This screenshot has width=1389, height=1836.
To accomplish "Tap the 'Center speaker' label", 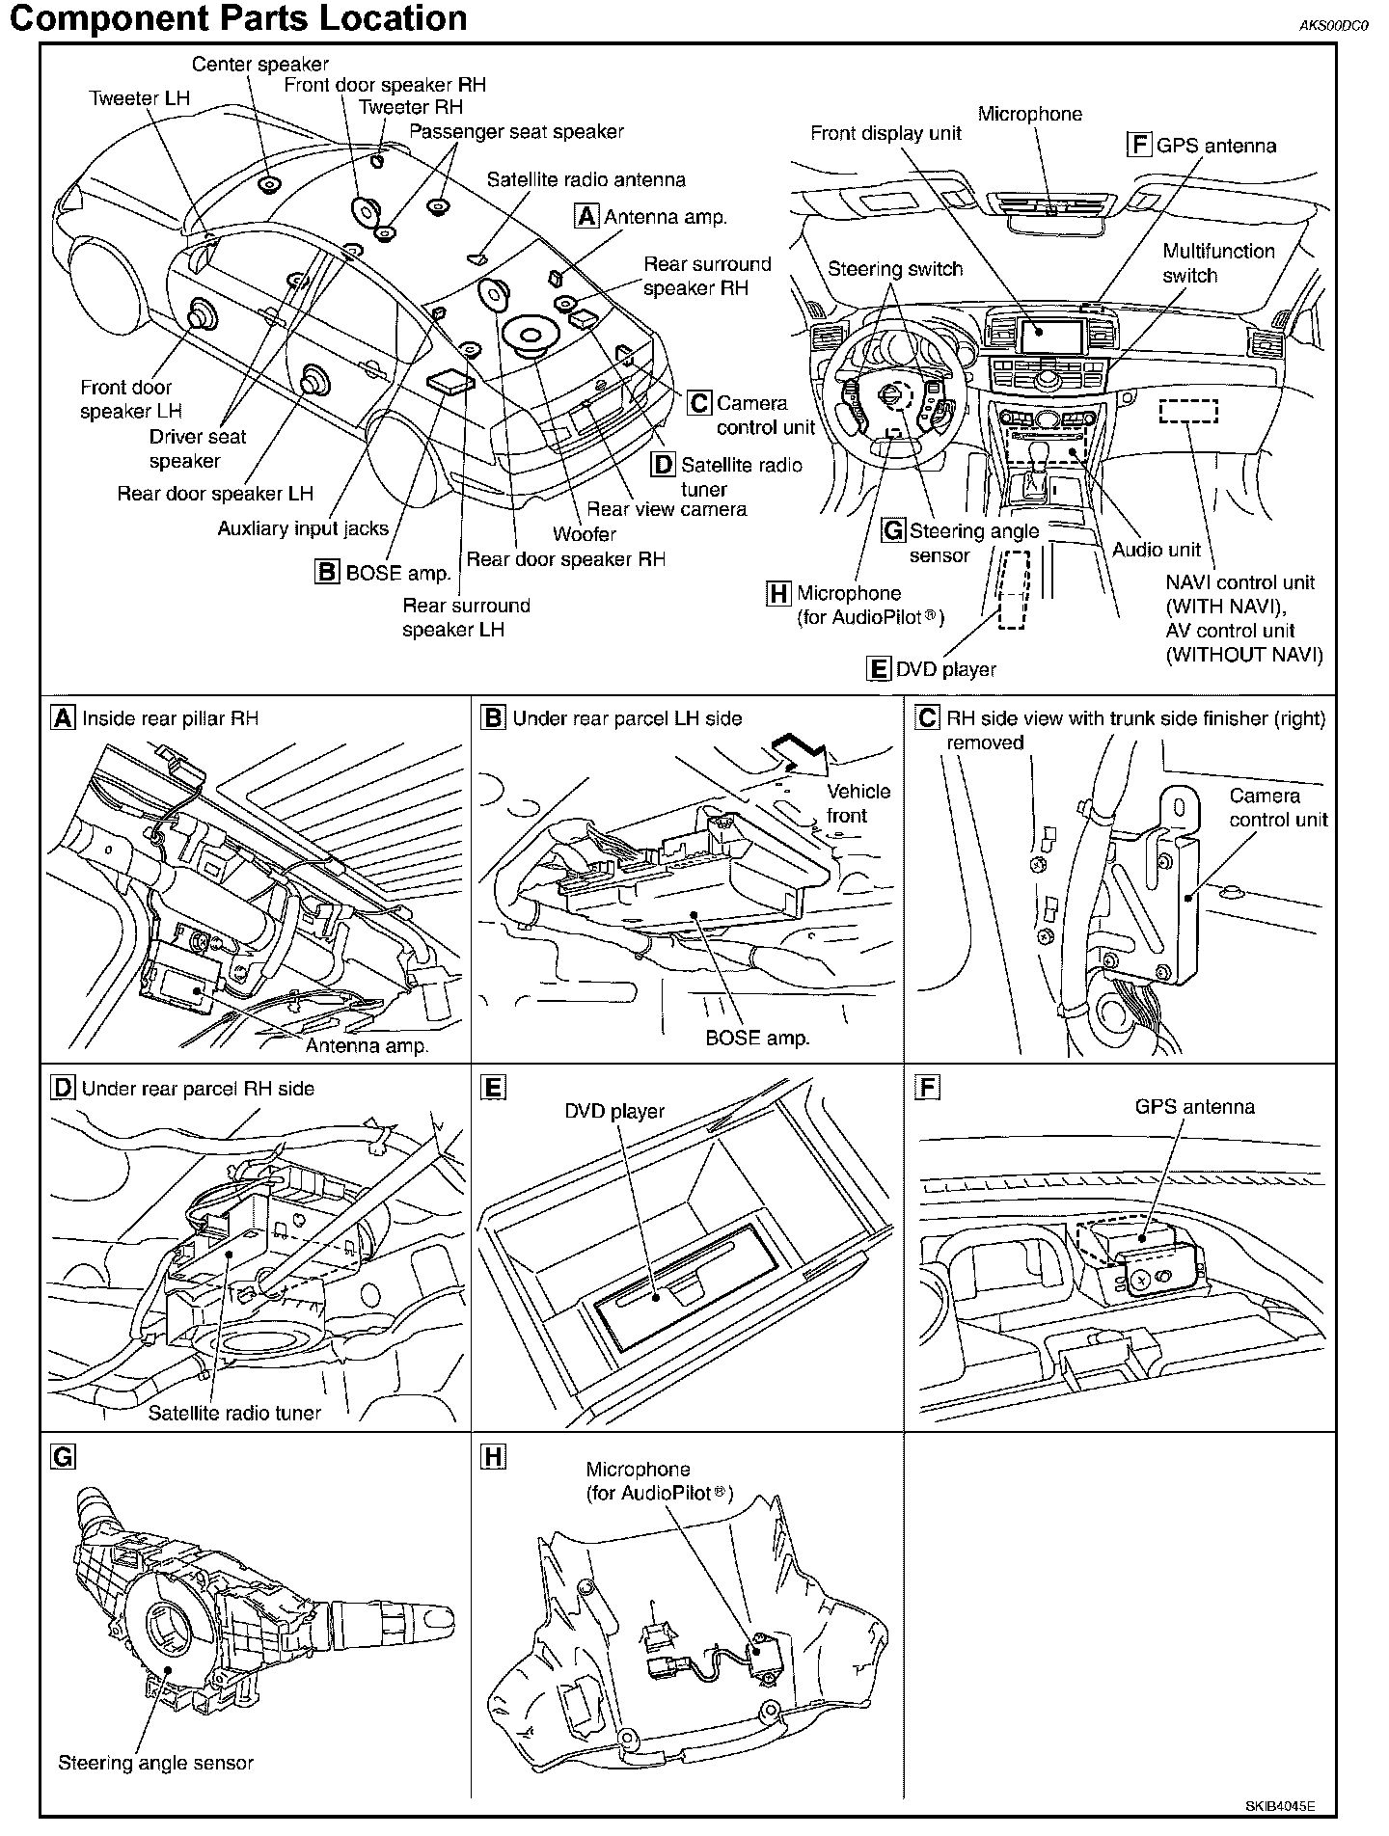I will point(259,65).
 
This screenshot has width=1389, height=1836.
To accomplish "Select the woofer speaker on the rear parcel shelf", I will point(532,337).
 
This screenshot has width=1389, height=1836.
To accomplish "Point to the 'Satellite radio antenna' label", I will point(586,179).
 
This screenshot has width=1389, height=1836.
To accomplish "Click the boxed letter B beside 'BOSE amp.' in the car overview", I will point(327,572).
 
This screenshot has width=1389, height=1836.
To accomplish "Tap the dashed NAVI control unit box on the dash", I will point(1188,411).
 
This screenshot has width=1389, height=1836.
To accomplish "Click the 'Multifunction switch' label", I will point(1217,263).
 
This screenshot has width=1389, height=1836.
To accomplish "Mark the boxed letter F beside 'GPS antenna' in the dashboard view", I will point(1138,145).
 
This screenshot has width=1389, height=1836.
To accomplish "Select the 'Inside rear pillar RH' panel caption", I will point(170,718).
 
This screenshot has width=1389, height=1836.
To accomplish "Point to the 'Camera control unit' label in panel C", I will point(1277,807).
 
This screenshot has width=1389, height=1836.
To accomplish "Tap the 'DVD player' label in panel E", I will point(614,1111).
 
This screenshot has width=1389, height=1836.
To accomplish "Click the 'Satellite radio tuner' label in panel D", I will point(234,1413).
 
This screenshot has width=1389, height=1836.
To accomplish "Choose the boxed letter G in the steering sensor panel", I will point(62,1456).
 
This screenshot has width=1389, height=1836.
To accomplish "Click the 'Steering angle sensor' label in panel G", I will point(155,1763).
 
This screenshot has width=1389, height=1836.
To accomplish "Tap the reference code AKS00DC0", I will point(1334,27).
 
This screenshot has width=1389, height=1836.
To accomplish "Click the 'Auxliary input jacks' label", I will point(303,528).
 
